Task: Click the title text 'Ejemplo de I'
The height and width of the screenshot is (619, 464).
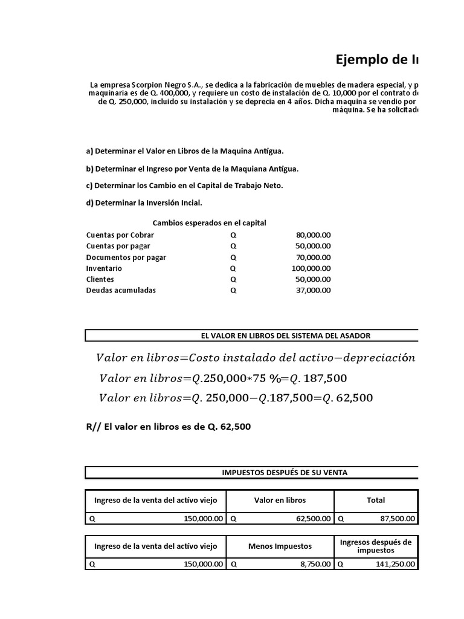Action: pos(376,59)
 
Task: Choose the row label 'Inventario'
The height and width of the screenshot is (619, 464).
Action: pos(104,268)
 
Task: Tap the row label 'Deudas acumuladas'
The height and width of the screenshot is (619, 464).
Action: pos(121,290)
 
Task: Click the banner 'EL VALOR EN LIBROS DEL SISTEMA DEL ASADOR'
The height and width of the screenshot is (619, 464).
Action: pos(285,335)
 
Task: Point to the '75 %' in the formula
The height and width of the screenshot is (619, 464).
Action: pos(254,378)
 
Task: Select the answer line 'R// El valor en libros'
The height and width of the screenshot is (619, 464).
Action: pos(169,427)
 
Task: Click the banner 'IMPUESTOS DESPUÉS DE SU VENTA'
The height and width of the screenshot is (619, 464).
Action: pos(285,473)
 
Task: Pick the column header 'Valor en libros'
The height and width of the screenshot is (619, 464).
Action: pos(280,500)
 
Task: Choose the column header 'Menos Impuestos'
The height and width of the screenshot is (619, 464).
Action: pos(280,546)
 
